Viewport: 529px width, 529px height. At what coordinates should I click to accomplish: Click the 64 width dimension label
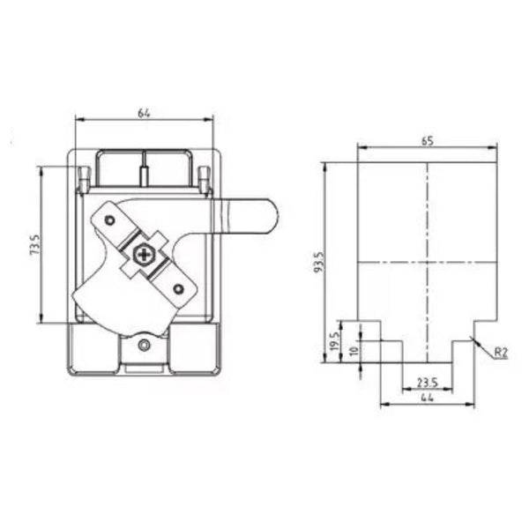[x=144, y=111]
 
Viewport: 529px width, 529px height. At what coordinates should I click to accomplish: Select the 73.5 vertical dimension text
[x=34, y=244]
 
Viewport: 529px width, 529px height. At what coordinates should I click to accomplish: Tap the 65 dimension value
[x=428, y=140]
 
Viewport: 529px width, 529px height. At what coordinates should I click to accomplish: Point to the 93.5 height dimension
[x=319, y=262]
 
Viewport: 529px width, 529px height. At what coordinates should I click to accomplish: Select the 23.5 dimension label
[x=428, y=382]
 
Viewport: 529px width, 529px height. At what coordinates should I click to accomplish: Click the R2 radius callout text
[x=500, y=353]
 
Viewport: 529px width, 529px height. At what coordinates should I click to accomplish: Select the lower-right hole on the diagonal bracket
[x=179, y=288]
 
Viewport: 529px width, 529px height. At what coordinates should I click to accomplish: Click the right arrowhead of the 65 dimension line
[x=496, y=148]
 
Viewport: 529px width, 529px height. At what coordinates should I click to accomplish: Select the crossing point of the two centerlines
[x=428, y=263]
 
